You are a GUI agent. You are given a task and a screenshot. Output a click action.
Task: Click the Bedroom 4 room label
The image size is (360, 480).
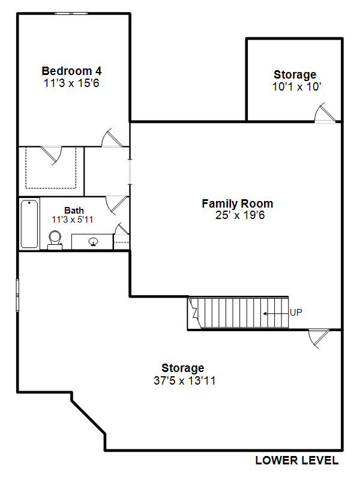(71, 71)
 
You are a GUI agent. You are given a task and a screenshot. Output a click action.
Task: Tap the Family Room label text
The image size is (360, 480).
(237, 203)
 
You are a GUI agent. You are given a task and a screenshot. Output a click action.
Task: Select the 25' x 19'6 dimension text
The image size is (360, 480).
(239, 215)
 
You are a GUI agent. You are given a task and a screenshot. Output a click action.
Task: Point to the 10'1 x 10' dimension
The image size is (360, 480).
(296, 86)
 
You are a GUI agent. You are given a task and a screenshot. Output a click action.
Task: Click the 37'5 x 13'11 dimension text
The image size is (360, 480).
(185, 380)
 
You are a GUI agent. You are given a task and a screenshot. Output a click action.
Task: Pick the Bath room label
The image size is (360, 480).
(74, 211)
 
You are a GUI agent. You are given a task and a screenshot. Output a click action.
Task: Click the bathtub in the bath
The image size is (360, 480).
(29, 224)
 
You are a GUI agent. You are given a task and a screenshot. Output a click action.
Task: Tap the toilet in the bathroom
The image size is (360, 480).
(55, 240)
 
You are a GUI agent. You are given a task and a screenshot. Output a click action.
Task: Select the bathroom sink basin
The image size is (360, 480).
(94, 242)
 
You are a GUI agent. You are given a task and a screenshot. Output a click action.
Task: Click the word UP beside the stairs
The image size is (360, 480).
(296, 313)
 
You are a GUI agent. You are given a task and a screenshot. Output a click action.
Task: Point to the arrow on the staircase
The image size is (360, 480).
(276, 313)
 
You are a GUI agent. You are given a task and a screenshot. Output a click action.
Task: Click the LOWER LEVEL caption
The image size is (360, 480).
(297, 460)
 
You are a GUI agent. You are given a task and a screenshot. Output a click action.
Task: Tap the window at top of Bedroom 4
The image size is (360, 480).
(71, 13)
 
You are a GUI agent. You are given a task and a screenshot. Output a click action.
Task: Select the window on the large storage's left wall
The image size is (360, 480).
(17, 295)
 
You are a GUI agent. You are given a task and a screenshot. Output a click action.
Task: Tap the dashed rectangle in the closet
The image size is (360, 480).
(51, 168)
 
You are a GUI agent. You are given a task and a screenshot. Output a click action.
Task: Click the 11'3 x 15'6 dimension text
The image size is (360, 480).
(71, 83)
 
